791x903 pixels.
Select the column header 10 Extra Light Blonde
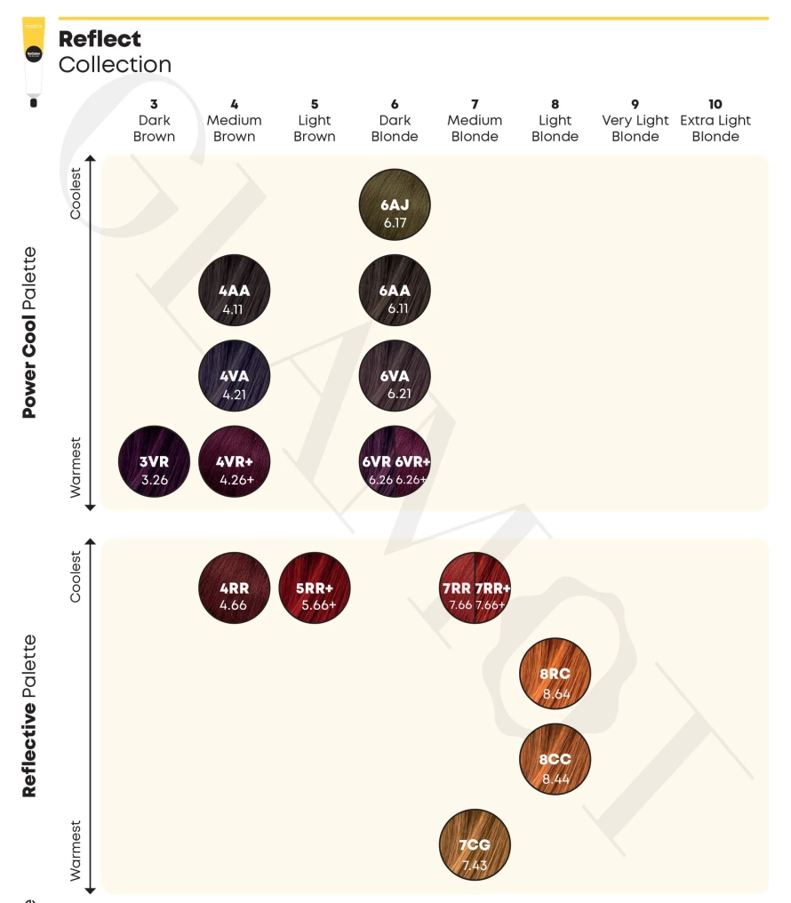pyautogui.click(x=715, y=121)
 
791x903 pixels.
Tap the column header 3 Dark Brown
pyautogui.click(x=154, y=121)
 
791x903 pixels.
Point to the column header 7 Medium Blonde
pyautogui.click(x=475, y=121)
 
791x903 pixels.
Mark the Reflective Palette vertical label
pyautogui.click(x=30, y=715)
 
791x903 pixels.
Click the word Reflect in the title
pyautogui.click(x=100, y=39)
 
